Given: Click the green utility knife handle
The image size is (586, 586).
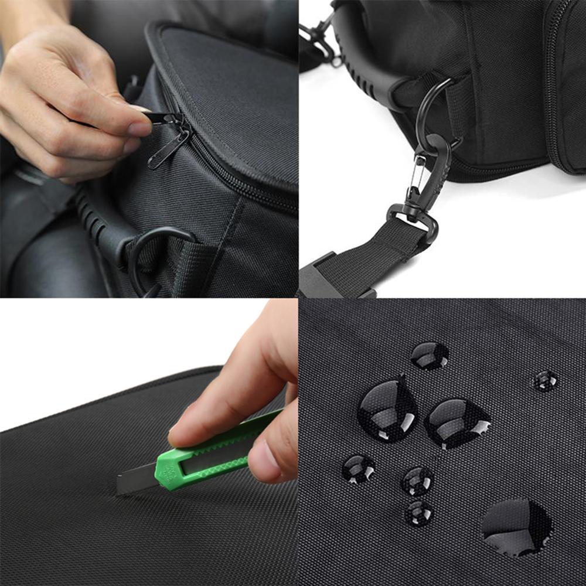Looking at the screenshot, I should point(211,454).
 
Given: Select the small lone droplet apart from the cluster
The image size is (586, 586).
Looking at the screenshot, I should point(545,381).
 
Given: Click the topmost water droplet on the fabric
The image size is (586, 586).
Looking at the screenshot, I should point(430,355).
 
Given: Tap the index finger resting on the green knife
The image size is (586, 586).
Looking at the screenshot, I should point(234,404).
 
